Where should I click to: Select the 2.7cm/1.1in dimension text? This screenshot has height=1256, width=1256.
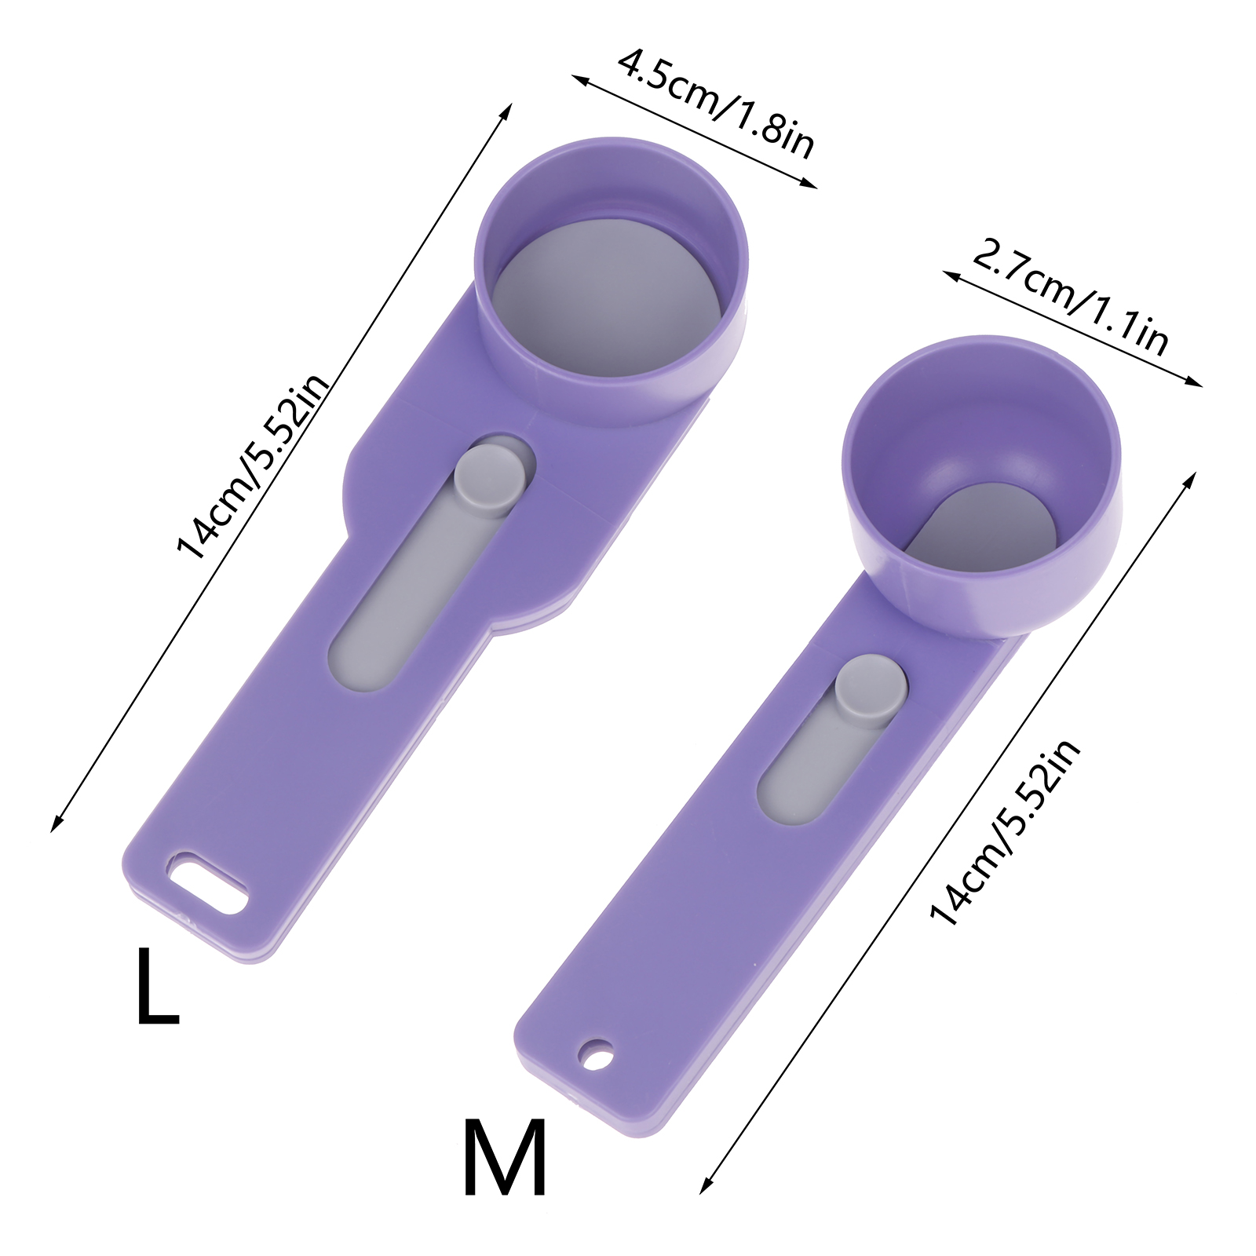pyautogui.click(x=1070, y=298)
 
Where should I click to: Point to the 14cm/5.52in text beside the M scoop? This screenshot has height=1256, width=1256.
pyautogui.click(x=1005, y=832)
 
